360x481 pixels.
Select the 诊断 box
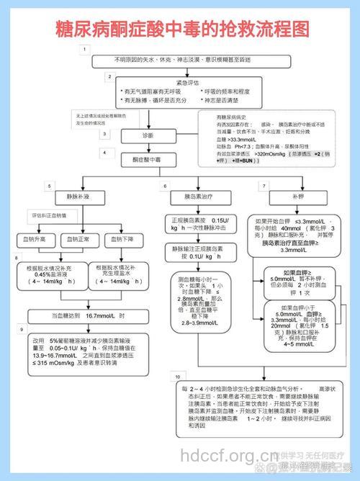click(x=147, y=135)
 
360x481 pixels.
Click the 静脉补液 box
click(x=77, y=197)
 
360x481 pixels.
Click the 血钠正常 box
click(x=78, y=239)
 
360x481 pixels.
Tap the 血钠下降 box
click(x=120, y=239)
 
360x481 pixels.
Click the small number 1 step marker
click(x=85, y=49)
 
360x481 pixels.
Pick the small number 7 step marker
click(x=265, y=185)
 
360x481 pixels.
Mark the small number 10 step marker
click(x=176, y=376)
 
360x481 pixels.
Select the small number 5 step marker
click(x=50, y=186)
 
